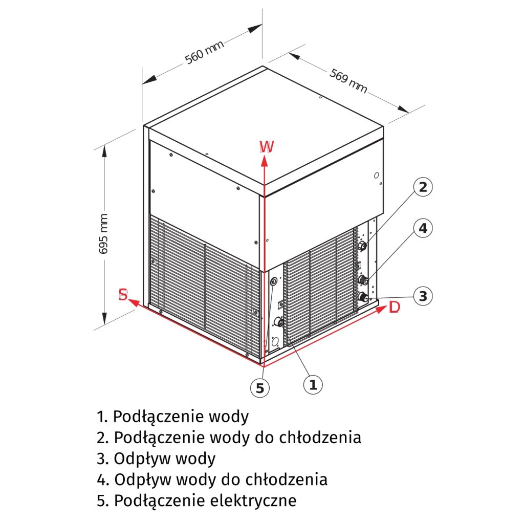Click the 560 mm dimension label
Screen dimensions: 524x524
[x=204, y=52]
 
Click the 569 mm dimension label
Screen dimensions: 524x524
[x=348, y=81]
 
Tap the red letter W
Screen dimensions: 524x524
[x=267, y=147]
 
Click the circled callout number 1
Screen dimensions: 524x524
[x=313, y=383]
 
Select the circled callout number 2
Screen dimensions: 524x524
[x=423, y=187]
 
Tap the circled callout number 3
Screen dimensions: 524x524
[x=423, y=295]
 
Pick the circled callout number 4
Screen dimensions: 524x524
[x=423, y=228]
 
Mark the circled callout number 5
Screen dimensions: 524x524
[x=260, y=388]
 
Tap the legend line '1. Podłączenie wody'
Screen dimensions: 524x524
[x=172, y=416]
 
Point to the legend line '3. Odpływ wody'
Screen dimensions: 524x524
[x=156, y=458]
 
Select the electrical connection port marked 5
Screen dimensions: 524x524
[x=273, y=281]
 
